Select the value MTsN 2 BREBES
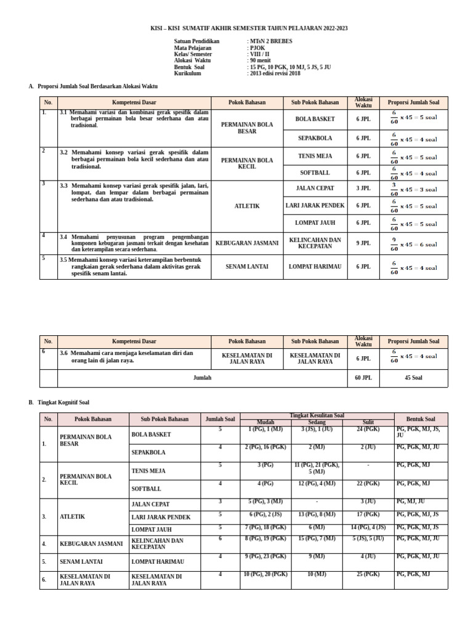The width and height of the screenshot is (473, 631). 271,41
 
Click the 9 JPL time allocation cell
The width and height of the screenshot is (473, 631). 363,243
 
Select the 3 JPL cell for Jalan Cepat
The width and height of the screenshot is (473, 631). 363,189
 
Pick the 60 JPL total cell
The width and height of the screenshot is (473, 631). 363,378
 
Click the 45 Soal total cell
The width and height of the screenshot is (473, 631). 413,378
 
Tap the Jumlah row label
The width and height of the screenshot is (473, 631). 202,378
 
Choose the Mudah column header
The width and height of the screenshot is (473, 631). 265,422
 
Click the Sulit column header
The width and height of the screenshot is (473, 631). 368,422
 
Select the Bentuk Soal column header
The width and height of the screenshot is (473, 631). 421,419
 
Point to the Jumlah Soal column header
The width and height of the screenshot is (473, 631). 220,419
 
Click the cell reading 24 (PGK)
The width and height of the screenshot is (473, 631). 368,429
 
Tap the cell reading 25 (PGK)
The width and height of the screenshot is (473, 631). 368,574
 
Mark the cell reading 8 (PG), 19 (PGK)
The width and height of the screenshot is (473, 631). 265,538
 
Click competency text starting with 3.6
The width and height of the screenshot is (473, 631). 127,357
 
